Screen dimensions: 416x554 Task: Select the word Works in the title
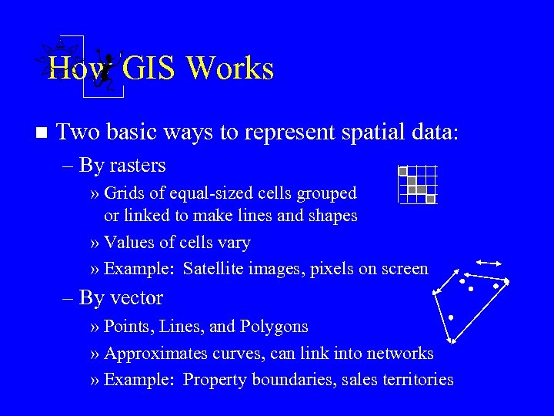(x=230, y=69)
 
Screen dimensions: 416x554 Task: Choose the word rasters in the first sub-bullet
(x=138, y=166)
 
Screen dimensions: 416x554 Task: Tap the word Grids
(x=122, y=193)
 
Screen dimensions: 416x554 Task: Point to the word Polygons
(x=274, y=327)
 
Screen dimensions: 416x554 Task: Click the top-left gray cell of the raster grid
(x=402, y=172)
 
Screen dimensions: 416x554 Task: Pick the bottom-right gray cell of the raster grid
(x=431, y=199)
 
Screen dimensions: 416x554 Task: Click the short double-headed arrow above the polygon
(x=489, y=262)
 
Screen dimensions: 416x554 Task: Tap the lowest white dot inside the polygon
(x=451, y=317)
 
